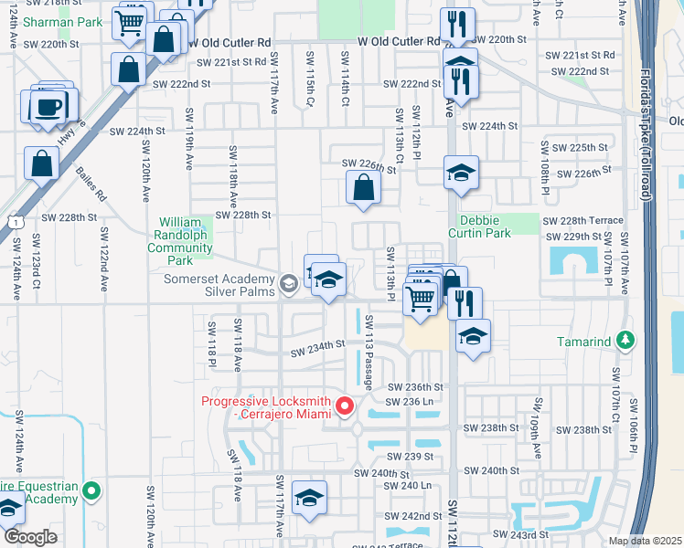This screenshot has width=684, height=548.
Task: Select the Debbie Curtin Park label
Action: coord(485,227)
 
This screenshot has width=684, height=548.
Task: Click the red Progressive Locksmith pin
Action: coord(345,405)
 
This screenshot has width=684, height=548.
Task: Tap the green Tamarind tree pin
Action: coord(625,342)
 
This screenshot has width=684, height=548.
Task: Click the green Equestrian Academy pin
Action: coord(91,492)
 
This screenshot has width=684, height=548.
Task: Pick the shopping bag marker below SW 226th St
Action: coord(364,188)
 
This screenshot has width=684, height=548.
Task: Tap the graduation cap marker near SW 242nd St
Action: coord(309,499)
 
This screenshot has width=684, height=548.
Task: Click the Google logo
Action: coord(30,537)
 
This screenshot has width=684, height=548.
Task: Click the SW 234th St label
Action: coord(318,345)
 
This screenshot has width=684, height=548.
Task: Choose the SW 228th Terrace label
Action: coord(582,220)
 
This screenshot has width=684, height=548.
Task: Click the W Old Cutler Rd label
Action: coord(399,42)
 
